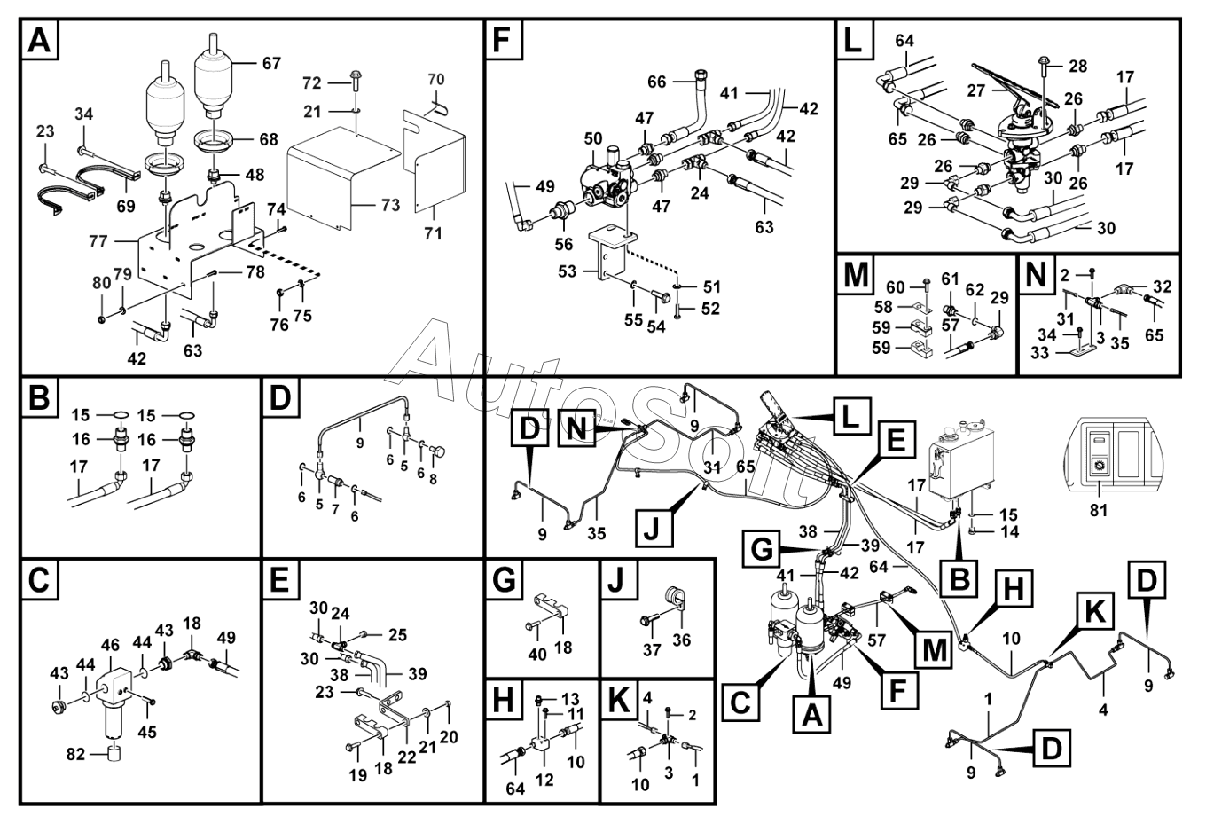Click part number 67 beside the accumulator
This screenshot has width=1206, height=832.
pyautogui.click(x=271, y=64)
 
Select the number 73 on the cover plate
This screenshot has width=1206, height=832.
pyautogui.click(x=391, y=205)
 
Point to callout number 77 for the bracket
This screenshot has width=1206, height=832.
pyautogui.click(x=98, y=241)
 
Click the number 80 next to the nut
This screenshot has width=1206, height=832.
pyautogui.click(x=102, y=283)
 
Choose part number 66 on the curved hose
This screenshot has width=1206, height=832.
pyautogui.click(x=657, y=82)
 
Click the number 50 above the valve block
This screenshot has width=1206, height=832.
pyautogui.click(x=592, y=138)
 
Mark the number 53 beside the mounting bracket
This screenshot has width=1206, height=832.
pyautogui.click(x=568, y=271)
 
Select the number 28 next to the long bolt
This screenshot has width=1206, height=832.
pyautogui.click(x=1078, y=67)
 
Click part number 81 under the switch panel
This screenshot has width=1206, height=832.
pyautogui.click(x=1099, y=510)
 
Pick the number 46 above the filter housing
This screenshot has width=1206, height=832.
pyautogui.click(x=110, y=645)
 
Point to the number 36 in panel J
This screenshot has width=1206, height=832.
pyautogui.click(x=682, y=640)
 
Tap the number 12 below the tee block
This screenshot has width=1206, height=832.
pyautogui.click(x=544, y=780)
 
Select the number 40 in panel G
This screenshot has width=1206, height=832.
pyautogui.click(x=537, y=655)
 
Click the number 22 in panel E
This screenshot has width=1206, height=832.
pyautogui.click(x=407, y=757)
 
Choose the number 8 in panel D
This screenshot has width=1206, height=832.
pyautogui.click(x=433, y=479)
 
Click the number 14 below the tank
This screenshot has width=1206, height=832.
pyautogui.click(x=1009, y=531)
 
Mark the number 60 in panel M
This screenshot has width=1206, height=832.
pyautogui.click(x=895, y=287)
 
